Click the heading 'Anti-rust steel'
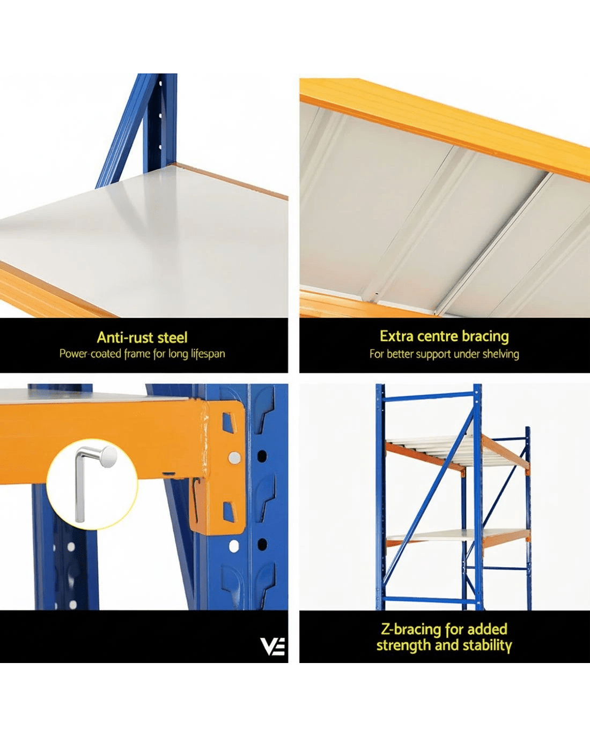click(x=142, y=338)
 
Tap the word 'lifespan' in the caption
click(x=208, y=354)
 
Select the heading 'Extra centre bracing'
click(x=444, y=336)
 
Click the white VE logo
click(x=272, y=646)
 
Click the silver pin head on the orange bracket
click(x=234, y=458)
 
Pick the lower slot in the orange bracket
click(x=230, y=512)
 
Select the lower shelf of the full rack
click(x=458, y=538)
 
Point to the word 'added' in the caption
click(x=487, y=629)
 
